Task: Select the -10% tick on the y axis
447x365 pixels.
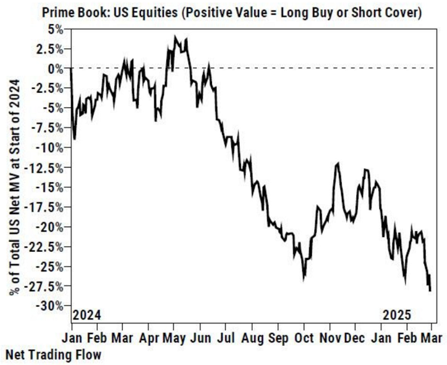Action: pyautogui.click(x=49, y=147)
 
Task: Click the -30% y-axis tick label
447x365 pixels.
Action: pyautogui.click(x=49, y=306)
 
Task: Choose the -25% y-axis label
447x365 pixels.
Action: pyautogui.click(x=49, y=266)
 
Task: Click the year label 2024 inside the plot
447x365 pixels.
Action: pyautogui.click(x=87, y=315)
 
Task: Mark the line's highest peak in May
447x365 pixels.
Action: pyautogui.click(x=176, y=36)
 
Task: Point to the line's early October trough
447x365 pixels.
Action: pyautogui.click(x=304, y=278)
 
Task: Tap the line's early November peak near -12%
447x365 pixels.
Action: pyautogui.click(x=338, y=163)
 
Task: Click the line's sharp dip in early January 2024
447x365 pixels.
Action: pyautogui.click(x=75, y=139)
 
